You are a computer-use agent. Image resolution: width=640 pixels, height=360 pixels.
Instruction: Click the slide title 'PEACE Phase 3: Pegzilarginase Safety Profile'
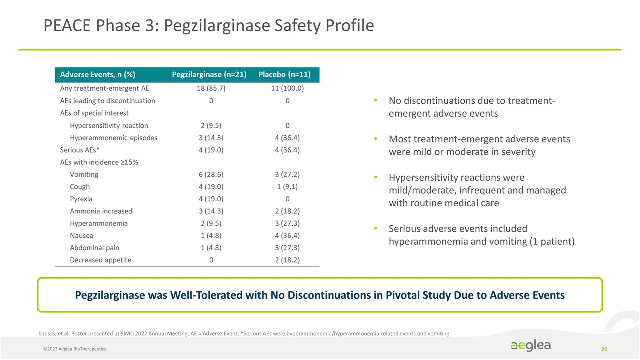pos(209,25)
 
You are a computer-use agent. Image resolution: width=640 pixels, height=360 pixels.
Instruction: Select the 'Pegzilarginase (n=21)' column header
pos(209,75)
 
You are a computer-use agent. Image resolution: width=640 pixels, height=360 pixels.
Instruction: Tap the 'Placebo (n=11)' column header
pos(284,75)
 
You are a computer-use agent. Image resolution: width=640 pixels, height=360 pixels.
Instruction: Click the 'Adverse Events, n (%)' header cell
pos(98,75)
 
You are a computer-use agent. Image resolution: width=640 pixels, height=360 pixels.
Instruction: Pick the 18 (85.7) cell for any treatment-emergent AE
pos(211,89)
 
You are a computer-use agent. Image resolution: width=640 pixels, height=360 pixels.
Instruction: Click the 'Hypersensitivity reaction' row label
pos(109,126)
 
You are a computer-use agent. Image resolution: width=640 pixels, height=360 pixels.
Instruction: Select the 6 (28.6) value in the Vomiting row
pos(211,175)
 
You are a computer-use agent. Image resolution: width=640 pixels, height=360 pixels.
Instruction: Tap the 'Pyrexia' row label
pos(81,199)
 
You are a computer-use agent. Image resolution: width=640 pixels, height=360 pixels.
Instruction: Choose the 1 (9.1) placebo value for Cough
pos(287,187)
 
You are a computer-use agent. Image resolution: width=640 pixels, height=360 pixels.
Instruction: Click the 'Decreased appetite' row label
pos(101,260)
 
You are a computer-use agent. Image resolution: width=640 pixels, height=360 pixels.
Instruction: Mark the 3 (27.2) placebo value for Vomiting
pos(287,175)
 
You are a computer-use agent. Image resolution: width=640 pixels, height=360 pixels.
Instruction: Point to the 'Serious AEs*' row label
pos(80,150)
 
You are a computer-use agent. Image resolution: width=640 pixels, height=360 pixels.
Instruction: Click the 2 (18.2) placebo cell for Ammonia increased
pos(287,211)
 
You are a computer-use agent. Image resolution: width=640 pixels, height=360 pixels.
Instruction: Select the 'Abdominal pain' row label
pos(94,248)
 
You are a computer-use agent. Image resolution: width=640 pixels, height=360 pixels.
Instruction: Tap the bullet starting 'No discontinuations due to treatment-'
pos(471,107)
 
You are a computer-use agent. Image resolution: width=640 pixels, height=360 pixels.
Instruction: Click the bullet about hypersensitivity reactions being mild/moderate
pos(477,190)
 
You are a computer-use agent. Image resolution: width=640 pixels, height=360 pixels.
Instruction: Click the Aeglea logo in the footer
pos(531,346)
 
